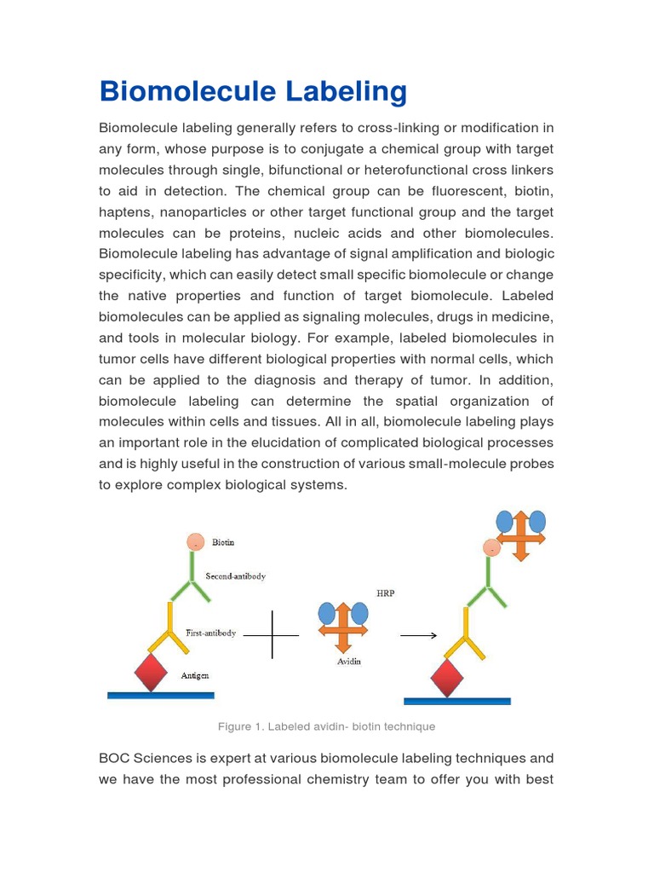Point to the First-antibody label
pyautogui.click(x=210, y=633)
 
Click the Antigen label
pyautogui.click(x=194, y=675)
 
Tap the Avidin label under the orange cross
pyautogui.click(x=343, y=662)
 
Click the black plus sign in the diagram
pyautogui.click(x=272, y=635)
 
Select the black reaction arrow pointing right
pyautogui.click(x=418, y=635)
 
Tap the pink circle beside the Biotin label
pyautogui.click(x=196, y=541)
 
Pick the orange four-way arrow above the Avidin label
pyautogui.click(x=342, y=629)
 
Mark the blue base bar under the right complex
pyautogui.click(x=456, y=702)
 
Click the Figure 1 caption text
pyautogui.click(x=326, y=726)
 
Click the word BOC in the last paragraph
pyautogui.click(x=113, y=758)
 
